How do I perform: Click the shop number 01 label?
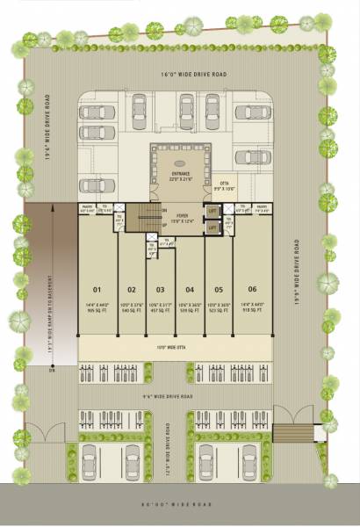pos(98,289)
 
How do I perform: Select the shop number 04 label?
pos(190,289)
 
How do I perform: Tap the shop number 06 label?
pos(252,289)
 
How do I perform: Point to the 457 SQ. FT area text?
pos(161,310)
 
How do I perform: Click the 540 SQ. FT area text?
pos(132,310)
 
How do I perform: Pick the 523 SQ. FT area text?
pos(219,310)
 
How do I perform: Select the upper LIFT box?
pos(212,211)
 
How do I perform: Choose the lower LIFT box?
pos(212,228)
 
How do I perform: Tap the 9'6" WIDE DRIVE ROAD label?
pos(180,396)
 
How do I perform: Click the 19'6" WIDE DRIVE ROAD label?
pos(299,272)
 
